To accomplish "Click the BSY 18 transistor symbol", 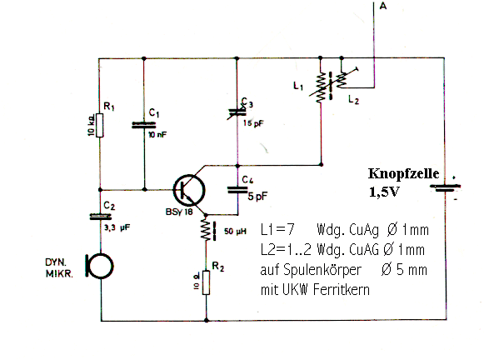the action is click(189, 191).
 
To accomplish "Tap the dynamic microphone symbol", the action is click(99, 266).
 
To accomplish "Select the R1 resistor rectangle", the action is click(99, 125).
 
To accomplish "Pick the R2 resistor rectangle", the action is click(206, 282).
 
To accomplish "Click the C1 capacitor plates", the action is click(144, 125).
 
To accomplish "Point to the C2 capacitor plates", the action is click(100, 217).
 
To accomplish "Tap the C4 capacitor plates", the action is click(237, 190).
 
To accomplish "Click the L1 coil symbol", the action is click(321, 87).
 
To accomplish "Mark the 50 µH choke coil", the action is click(207, 230).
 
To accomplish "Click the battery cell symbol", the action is click(445, 188).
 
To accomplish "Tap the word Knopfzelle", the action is click(403, 173).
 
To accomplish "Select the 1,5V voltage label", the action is click(384, 192).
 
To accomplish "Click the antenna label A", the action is click(382, 6).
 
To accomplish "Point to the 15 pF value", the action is click(253, 123).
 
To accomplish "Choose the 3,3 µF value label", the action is click(117, 227).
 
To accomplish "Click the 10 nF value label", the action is click(157, 135).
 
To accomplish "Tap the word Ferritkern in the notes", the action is click(341, 290).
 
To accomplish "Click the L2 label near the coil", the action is click(354, 99).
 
